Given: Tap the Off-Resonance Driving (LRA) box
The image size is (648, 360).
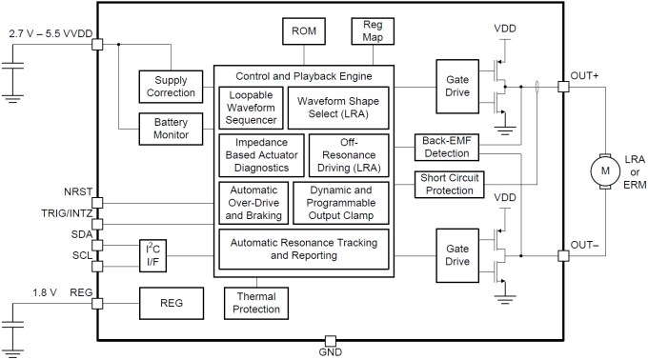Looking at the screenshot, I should click(349, 153).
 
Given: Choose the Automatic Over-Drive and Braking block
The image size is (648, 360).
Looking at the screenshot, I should click(253, 202).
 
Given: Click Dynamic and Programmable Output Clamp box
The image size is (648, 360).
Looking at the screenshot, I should click(340, 202).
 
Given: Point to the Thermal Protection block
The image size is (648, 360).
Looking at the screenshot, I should click(257, 303).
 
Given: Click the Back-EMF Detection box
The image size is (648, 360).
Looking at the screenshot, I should click(447, 147).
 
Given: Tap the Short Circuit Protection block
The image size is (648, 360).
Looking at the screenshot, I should click(447, 184).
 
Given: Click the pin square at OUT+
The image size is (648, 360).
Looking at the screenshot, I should click(562, 87).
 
